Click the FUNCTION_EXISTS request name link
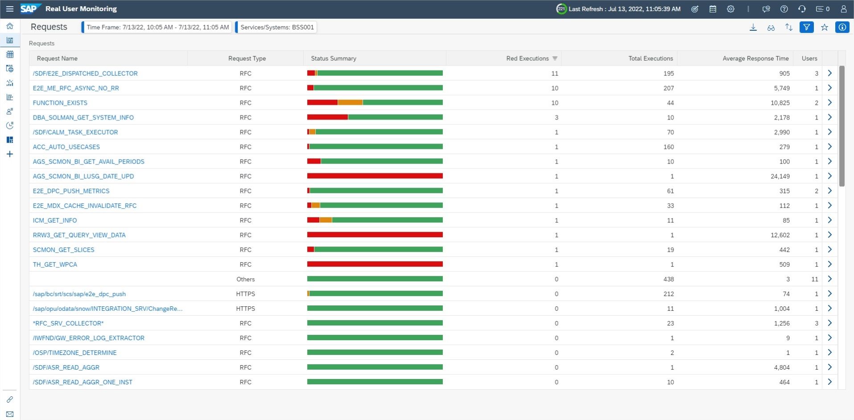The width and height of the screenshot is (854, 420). click(x=60, y=103)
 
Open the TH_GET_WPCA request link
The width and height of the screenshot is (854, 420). click(x=55, y=265)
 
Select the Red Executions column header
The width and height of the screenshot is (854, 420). click(x=528, y=58)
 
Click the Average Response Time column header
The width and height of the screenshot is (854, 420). click(x=755, y=58)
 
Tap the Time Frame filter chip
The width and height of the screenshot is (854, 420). click(x=157, y=27)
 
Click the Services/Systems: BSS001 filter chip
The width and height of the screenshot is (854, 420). click(x=276, y=27)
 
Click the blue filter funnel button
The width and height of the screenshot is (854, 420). click(x=807, y=27)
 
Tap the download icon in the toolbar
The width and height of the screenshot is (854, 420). click(x=753, y=27)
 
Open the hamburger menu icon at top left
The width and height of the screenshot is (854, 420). click(x=9, y=9)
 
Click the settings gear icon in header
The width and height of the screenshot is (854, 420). click(x=730, y=9)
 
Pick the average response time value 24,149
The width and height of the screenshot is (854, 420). click(x=780, y=177)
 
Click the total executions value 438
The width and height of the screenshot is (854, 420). click(x=668, y=280)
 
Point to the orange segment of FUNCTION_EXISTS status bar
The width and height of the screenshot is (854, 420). click(x=350, y=103)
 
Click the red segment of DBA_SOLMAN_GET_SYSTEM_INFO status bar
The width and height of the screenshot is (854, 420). click(x=327, y=117)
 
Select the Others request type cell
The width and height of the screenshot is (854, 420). click(x=246, y=280)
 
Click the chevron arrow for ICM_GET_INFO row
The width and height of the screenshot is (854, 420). click(x=830, y=220)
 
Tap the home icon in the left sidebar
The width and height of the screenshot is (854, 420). click(x=10, y=26)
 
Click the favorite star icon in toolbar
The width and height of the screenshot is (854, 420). click(x=825, y=27)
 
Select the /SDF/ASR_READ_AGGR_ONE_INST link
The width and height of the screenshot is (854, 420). click(x=83, y=383)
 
